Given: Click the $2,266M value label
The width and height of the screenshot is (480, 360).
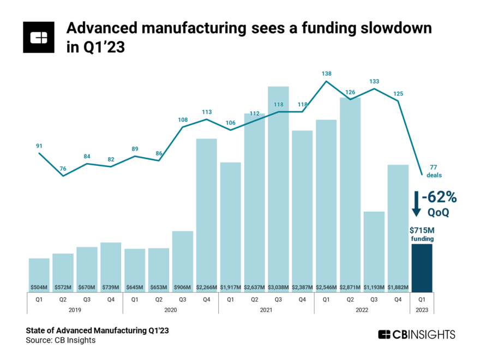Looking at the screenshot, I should pyautogui.click(x=207, y=287).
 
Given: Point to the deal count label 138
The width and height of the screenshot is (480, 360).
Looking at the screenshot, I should pyautogui.click(x=326, y=73).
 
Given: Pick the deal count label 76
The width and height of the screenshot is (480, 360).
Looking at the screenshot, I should pyautogui.click(x=63, y=168).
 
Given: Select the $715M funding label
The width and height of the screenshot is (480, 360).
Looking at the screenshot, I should pyautogui.click(x=422, y=230).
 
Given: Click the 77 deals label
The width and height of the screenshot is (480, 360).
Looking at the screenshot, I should pyautogui.click(x=434, y=171).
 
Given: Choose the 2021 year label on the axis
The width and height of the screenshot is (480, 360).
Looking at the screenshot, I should pyautogui.click(x=266, y=309).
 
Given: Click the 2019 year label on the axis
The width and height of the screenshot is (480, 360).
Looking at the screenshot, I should pyautogui.click(x=75, y=309).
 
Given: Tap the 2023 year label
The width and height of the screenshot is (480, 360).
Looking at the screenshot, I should pyautogui.click(x=422, y=309).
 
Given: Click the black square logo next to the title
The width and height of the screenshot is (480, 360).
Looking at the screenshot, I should pyautogui.click(x=39, y=38).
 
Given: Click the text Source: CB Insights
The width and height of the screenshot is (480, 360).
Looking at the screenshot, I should pyautogui.click(x=61, y=340).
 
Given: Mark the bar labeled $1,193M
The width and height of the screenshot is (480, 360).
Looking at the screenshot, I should pyautogui.click(x=374, y=251).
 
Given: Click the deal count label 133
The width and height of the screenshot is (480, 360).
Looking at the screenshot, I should pyautogui.click(x=374, y=81).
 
